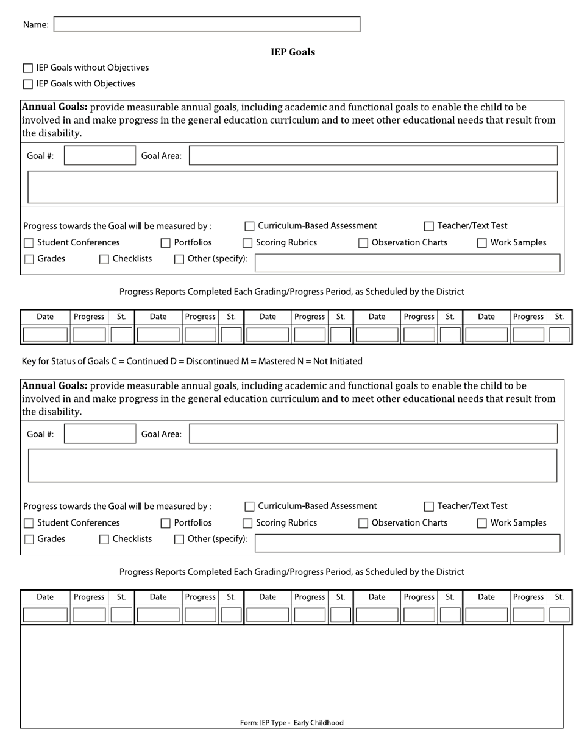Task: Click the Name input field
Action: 207,24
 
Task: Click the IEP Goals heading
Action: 293,52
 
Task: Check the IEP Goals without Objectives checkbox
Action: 28,68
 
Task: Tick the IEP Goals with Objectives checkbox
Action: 28,84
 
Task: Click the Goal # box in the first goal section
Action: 99,156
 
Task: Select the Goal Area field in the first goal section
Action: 373,156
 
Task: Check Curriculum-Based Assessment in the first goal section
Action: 249,227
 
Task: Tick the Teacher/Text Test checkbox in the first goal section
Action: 429,227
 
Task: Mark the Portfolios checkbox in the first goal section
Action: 165,243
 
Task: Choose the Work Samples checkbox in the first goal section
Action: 482,243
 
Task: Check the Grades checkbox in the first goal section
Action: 29,259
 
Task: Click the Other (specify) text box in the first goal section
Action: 407,262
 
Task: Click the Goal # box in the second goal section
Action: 99,434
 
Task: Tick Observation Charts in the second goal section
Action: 363,523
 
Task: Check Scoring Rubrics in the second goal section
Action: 248,523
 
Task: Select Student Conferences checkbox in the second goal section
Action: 29,523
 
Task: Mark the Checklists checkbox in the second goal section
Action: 104,540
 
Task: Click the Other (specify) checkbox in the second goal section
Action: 179,540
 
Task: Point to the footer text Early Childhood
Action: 318,723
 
